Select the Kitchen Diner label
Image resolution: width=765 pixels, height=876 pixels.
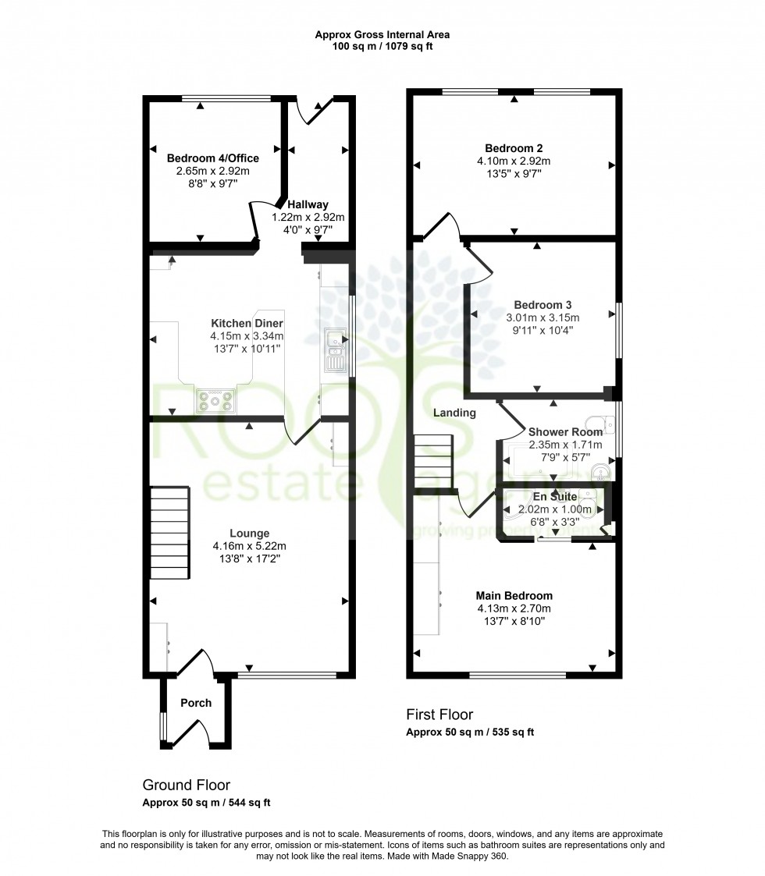coord(247,323)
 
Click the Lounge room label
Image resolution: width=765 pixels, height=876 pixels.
coord(249,534)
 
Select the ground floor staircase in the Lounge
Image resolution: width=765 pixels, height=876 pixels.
coord(170,533)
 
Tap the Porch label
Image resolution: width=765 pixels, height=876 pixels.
coord(196,703)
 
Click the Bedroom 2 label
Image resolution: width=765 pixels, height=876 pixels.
coord(514,148)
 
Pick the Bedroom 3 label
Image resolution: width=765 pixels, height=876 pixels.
coord(537,305)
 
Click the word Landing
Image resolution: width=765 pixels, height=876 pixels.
coord(454,413)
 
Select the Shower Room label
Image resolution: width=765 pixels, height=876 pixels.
coord(565,432)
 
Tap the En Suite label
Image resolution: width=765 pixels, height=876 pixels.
coord(555,497)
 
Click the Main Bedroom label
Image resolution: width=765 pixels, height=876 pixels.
coord(514,596)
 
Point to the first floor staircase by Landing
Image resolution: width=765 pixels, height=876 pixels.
coord(433,462)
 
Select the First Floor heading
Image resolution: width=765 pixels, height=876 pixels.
coord(439,715)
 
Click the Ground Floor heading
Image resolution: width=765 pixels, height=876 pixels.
coord(186,785)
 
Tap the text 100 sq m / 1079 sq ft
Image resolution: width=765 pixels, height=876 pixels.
coord(382,46)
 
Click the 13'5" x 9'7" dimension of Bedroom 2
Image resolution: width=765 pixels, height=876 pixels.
coord(514,174)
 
